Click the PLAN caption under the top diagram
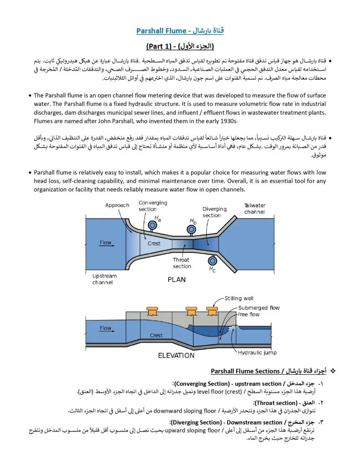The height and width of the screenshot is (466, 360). pos(177,279)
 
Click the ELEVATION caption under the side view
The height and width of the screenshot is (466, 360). pos(176,355)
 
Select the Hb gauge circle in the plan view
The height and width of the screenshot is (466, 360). pos(191,230)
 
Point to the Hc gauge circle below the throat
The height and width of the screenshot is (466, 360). pos(212,261)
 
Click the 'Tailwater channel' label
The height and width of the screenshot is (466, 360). pos(254,208)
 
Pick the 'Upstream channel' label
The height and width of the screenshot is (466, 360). pos(104,279)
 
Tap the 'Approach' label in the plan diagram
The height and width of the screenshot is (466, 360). pos(117,205)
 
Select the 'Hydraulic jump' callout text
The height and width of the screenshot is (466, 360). pos(257,352)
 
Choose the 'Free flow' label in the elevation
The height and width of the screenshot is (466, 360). pos(248,314)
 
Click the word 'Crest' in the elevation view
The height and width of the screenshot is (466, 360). pos(156,335)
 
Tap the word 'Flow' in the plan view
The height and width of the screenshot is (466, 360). pos(106,243)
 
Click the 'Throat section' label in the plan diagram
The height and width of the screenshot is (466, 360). pos(182,263)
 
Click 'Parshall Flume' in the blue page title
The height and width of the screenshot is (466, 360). pos(162,31)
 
